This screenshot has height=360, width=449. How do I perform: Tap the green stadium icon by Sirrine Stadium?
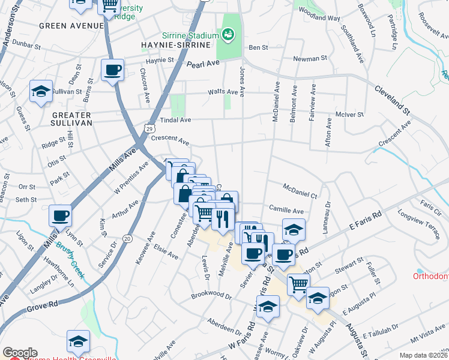coord(228,34)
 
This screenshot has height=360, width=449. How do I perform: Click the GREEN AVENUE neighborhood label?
coord(71,26)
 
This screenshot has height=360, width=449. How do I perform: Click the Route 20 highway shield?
coord(127,238)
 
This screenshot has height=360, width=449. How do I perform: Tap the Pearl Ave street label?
coord(201,65)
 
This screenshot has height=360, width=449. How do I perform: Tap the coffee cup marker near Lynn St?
coord(61,215)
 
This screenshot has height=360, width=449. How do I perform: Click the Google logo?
coord(20,353)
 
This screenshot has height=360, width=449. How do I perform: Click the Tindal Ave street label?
coord(175,120)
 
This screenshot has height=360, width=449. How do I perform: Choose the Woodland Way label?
coord(319,19)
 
